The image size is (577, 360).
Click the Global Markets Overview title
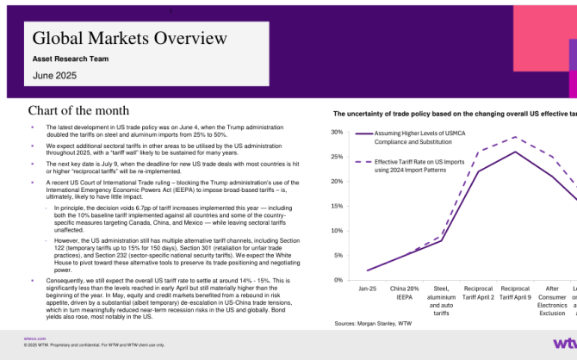129,38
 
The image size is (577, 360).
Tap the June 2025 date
54,77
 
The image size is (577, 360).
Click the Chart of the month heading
78,111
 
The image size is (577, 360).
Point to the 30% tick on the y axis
337,132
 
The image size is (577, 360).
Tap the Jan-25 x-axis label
368,289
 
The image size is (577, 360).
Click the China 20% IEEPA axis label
405,293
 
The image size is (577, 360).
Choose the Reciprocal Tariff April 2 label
478,293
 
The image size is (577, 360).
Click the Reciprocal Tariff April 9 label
515,293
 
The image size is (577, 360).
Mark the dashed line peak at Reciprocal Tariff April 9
515,137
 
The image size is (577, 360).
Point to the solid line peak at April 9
515,152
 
